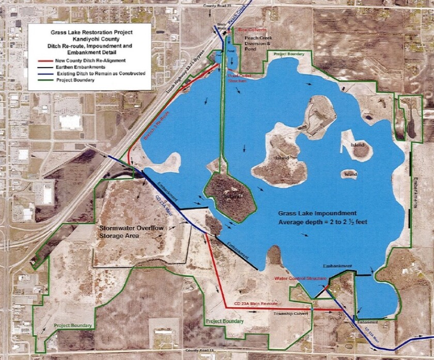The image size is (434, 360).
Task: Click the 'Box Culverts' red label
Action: coord(252,30)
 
